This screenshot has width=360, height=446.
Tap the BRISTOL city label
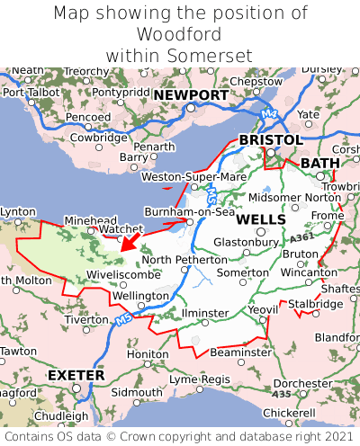click(270, 140)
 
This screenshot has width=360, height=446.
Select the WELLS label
click(261, 219)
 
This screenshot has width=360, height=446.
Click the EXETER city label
click(76, 374)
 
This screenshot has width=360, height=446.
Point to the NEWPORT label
click(190, 95)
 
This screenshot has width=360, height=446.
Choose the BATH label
click(320, 163)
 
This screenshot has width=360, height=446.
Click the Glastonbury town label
click(245, 242)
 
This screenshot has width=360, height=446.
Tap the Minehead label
click(90, 219)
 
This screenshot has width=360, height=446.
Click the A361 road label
click(303, 236)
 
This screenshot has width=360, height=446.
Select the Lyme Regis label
click(201, 379)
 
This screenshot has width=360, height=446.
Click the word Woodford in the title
click(180, 35)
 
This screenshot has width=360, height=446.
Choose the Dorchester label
click(303, 383)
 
